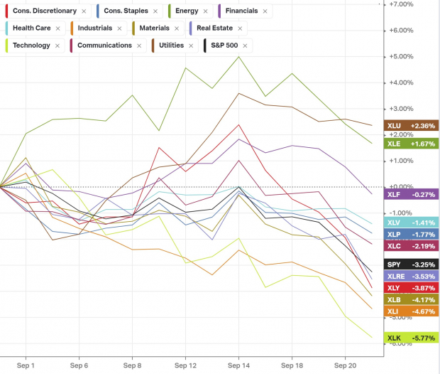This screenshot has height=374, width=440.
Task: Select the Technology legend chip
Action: [31, 46]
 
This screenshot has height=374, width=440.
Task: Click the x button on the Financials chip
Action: [265, 11]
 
